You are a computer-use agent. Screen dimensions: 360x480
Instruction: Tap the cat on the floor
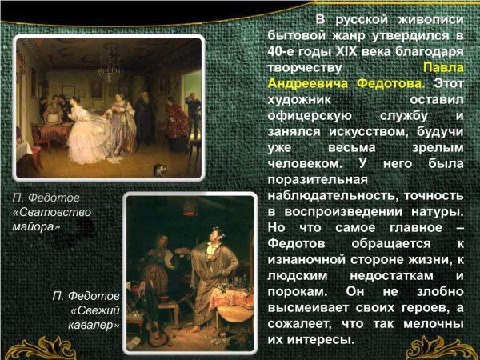pos(160,170)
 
